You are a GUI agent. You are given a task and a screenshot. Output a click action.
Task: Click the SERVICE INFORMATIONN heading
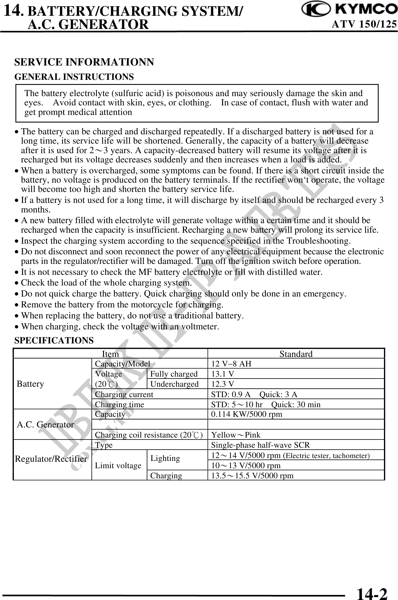pos(84,62)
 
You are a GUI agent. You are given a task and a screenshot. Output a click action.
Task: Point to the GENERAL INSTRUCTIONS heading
pos(74,77)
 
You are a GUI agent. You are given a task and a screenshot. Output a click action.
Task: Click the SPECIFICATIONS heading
pos(54,341)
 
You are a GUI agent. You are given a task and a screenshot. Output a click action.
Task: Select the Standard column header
pos(296,354)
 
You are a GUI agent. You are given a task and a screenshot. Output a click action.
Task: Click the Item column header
pos(110,354)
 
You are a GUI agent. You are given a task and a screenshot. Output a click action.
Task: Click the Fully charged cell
pos(174,374)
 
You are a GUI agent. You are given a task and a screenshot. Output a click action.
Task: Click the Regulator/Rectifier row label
pos(51,459)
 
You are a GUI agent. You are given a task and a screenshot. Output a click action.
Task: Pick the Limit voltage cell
pos(118,466)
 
